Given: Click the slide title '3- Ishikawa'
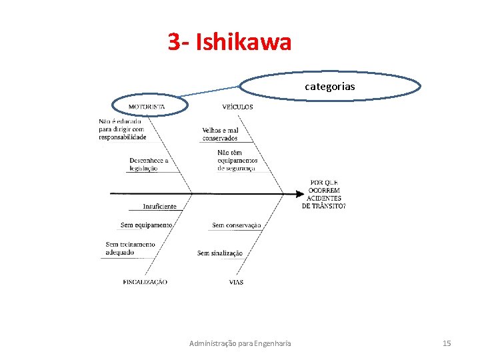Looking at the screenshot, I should (x=229, y=43).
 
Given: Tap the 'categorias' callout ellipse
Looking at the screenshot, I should (x=330, y=86).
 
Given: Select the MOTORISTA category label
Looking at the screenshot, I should (x=147, y=107).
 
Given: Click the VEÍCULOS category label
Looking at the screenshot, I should (x=237, y=107).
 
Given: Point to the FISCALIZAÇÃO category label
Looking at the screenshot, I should (x=145, y=282).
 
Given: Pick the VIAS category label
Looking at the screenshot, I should (x=236, y=282).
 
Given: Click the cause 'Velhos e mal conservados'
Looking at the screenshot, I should (x=220, y=134).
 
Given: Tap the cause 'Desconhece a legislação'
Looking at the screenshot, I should (x=149, y=165).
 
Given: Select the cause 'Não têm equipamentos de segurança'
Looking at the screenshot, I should (x=237, y=161).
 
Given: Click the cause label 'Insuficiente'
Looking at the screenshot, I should (x=159, y=207).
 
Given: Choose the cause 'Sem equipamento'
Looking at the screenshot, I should (x=146, y=225).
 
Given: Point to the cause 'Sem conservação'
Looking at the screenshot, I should (x=236, y=225).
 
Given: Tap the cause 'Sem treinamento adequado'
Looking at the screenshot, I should (x=130, y=249).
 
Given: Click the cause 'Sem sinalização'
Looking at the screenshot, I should (x=219, y=253).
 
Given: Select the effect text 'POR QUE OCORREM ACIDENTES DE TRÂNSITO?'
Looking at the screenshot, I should (x=324, y=194).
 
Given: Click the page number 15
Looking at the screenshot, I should (x=447, y=343).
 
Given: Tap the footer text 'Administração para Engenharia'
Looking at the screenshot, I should (x=240, y=343).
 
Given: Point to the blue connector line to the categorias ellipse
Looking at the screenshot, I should (x=210, y=91).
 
